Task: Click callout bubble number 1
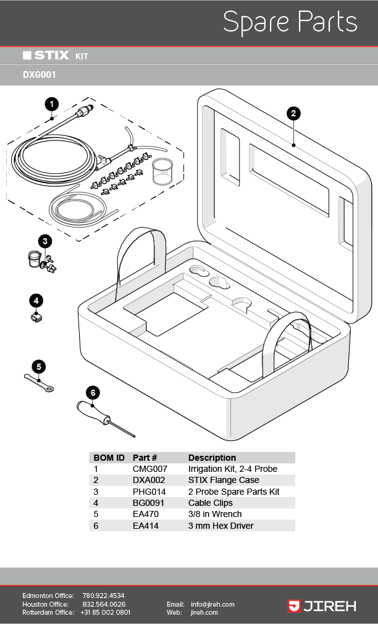(x=52, y=104)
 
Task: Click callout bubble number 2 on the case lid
(x=294, y=113)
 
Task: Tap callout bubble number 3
(x=44, y=241)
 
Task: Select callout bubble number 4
(x=36, y=301)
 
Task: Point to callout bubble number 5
(x=38, y=366)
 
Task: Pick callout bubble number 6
(x=93, y=392)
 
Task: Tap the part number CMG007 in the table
(x=149, y=469)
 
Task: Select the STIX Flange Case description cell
(x=224, y=480)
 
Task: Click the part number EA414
(x=146, y=526)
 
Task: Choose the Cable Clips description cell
(x=211, y=503)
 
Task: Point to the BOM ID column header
(x=109, y=458)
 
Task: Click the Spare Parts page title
(x=290, y=22)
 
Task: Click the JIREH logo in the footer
(x=322, y=606)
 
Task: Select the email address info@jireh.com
(x=212, y=604)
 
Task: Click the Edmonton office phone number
(x=103, y=596)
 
